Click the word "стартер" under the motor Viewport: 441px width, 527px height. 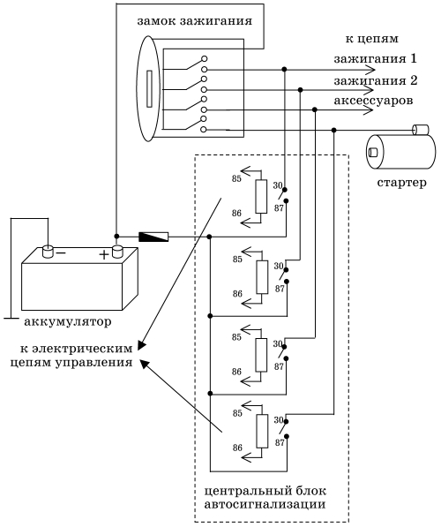point(401,183)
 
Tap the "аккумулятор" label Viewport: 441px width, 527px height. point(68,322)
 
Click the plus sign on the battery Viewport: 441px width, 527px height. point(104,255)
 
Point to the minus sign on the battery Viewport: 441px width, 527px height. point(61,252)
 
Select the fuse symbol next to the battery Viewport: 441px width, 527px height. point(153,237)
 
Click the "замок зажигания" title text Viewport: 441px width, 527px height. point(194,21)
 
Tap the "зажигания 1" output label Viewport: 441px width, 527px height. point(375,59)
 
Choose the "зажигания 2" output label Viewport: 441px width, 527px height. point(376,81)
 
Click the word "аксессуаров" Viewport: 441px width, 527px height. point(373,100)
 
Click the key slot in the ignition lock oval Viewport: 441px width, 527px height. point(150,89)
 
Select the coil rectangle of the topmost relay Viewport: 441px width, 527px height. point(261,197)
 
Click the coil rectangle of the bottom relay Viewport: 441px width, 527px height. point(262,431)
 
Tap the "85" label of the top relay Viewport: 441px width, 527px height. point(236,179)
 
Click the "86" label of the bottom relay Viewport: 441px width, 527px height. point(237,448)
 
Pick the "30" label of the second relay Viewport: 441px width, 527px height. point(279,266)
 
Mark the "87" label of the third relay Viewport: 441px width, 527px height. point(279,366)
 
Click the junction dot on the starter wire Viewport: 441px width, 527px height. point(333,130)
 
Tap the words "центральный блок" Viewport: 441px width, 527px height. point(265,491)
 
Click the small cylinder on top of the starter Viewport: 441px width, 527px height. point(421,130)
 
